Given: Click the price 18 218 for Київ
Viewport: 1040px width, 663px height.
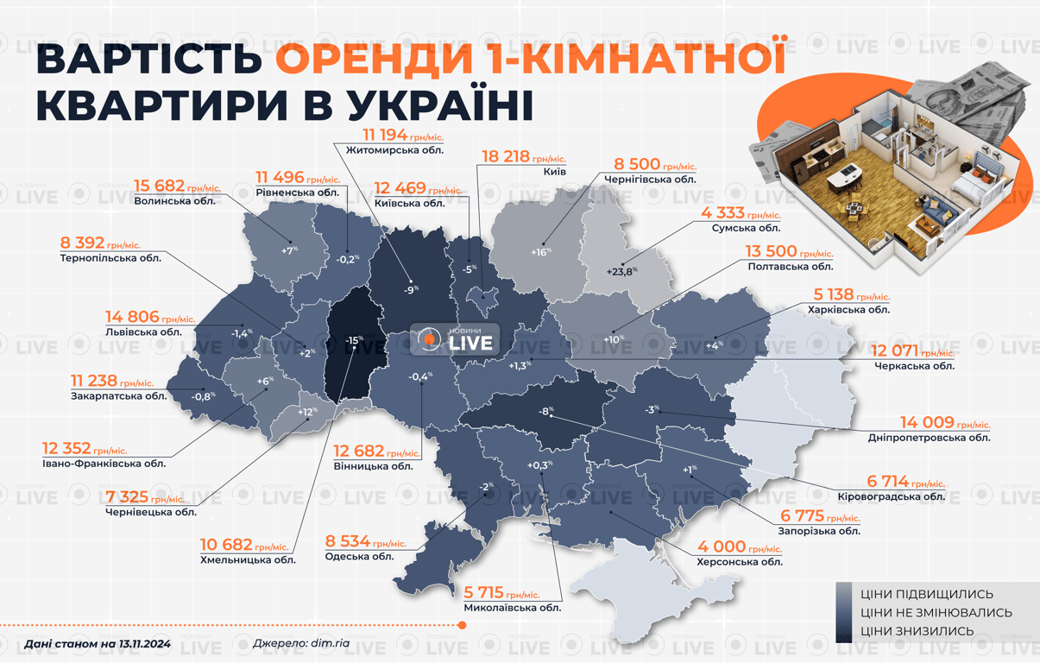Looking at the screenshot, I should pos(505,157).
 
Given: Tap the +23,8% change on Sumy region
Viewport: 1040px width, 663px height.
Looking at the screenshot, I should pos(621,270).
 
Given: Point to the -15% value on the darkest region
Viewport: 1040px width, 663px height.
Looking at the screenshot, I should pos(352,341).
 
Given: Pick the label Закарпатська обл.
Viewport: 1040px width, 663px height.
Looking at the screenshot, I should pos(119,396).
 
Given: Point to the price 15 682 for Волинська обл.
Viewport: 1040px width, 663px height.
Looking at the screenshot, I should pos(160,185).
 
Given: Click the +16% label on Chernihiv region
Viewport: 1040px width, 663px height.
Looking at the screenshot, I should pos(540,251).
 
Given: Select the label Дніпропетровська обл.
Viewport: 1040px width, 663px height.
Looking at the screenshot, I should pos(930,438).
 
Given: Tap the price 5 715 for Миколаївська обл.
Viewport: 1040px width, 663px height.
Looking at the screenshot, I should pos(484,593).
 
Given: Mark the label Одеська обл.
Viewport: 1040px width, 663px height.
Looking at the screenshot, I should pos(359,556).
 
